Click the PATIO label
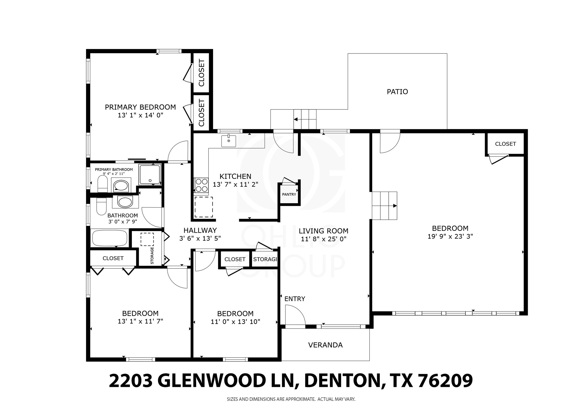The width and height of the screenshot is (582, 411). tap(397, 92)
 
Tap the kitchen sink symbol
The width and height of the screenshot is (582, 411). tap(228, 141)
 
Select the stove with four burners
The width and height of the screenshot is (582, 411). tap(201, 185)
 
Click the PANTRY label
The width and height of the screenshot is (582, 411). tap(289, 194)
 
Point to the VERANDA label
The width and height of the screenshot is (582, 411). tap(325, 345)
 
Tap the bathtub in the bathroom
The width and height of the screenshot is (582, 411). tap(110, 238)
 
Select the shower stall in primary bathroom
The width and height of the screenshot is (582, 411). tap(149, 174)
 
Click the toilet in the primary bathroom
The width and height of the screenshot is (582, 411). tap(102, 184)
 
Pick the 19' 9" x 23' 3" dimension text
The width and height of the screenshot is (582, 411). tap(450, 237)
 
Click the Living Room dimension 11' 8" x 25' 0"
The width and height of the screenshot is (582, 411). tap(323, 239)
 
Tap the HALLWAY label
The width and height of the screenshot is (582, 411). tap(200, 230)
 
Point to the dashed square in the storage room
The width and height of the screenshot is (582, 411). tap(147, 239)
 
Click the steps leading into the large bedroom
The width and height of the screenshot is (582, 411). tap(384, 206)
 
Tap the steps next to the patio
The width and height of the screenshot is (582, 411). tap(305, 119)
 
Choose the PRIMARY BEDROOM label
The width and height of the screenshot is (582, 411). tap(140, 107)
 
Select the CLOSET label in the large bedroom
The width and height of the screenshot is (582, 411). tap(505, 144)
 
